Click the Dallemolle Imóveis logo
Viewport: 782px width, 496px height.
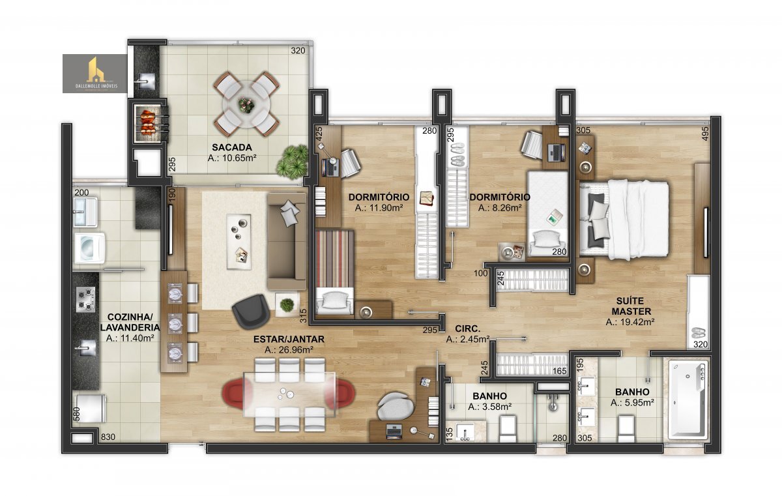pos(95,74)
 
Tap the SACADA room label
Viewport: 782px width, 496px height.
pos(232,147)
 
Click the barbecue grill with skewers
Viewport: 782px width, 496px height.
pos(149,121)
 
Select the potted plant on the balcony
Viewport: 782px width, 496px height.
pos(293,162)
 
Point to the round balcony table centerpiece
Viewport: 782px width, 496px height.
pos(247,104)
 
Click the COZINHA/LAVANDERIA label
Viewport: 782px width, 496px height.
pos(130,322)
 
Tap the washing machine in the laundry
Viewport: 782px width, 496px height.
pos(89,248)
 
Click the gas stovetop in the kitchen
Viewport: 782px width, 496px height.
pos(85,299)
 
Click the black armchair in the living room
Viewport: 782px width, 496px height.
pos(251,312)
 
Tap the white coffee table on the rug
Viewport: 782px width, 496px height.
pos(239,242)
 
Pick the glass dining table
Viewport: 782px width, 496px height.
pos(289,394)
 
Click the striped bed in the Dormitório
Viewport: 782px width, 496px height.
pos(335,272)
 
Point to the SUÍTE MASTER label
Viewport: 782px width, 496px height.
pos(631,306)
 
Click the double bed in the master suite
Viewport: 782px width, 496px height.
pos(624,220)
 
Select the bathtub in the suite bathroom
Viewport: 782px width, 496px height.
pos(688,400)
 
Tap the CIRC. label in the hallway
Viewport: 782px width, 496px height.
pos(468,328)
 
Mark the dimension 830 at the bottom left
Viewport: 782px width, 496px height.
pos(108,437)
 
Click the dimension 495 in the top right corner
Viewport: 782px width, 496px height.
pos(705,134)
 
